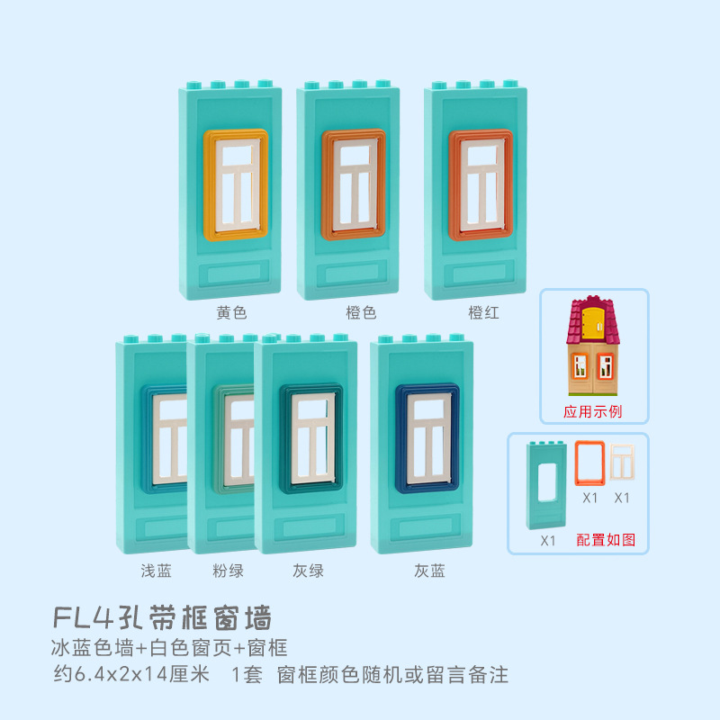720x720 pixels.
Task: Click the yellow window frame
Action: click(x=210, y=184)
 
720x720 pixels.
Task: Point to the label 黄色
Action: click(x=231, y=313)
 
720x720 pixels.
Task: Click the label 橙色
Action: click(x=360, y=313)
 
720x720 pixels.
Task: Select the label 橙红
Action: click(x=483, y=313)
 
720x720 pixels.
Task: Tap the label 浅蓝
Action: click(x=156, y=571)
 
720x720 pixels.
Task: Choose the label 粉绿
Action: click(x=228, y=571)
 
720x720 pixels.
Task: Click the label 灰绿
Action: click(x=307, y=571)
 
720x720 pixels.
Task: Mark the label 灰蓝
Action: click(x=429, y=571)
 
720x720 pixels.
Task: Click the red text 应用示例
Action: click(x=593, y=412)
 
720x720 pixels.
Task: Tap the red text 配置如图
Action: click(x=606, y=539)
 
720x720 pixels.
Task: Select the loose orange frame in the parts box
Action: click(x=589, y=463)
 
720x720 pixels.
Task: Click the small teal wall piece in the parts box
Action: click(x=547, y=486)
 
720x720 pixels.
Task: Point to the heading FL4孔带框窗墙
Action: click(x=163, y=618)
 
